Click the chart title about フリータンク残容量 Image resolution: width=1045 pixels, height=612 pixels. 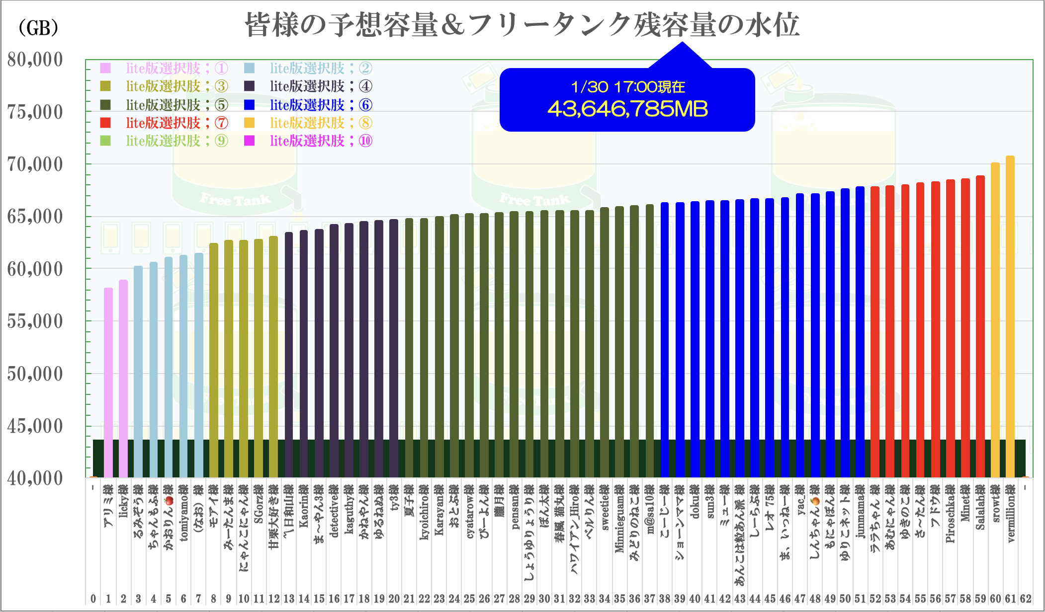(522, 25)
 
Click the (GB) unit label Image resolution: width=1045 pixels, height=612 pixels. (38, 28)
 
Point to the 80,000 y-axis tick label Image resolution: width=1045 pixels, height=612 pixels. (35, 60)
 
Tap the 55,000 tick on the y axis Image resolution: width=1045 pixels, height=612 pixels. (35, 321)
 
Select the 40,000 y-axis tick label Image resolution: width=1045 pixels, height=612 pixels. (35, 478)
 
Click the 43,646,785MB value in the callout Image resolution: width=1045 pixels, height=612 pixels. (627, 109)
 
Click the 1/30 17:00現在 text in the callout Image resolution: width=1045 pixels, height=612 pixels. (627, 87)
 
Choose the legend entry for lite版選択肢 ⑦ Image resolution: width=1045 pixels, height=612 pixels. (164, 123)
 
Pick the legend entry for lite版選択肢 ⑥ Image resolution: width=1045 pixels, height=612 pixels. (309, 105)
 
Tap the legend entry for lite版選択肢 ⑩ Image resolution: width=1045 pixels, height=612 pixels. (309, 141)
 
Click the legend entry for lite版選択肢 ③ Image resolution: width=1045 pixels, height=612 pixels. (164, 86)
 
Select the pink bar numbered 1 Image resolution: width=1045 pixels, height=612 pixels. (108, 382)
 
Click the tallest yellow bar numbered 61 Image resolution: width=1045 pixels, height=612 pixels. (1010, 318)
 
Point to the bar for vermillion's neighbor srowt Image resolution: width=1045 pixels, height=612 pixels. (995, 320)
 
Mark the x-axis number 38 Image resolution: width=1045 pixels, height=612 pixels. (665, 599)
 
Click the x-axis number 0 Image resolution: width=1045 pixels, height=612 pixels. (93, 599)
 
